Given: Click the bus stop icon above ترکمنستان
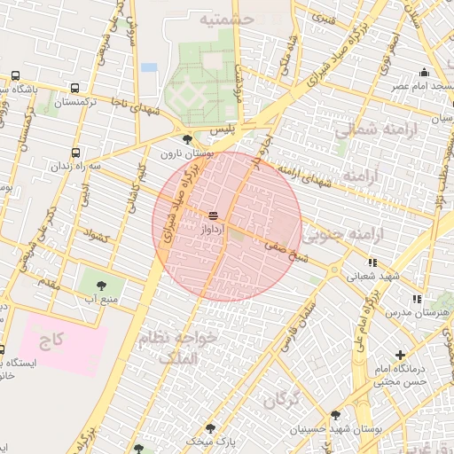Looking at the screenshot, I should click(74, 89).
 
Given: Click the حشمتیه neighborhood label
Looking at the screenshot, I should click(227, 18).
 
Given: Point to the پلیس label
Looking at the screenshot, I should click(224, 130).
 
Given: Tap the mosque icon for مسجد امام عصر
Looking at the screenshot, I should click(425, 73).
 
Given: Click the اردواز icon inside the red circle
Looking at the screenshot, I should click(213, 215).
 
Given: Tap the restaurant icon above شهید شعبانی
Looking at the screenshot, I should click(372, 262).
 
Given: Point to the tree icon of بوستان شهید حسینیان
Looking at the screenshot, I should click(334, 414).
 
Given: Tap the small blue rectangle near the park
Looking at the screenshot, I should click(148, 67).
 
